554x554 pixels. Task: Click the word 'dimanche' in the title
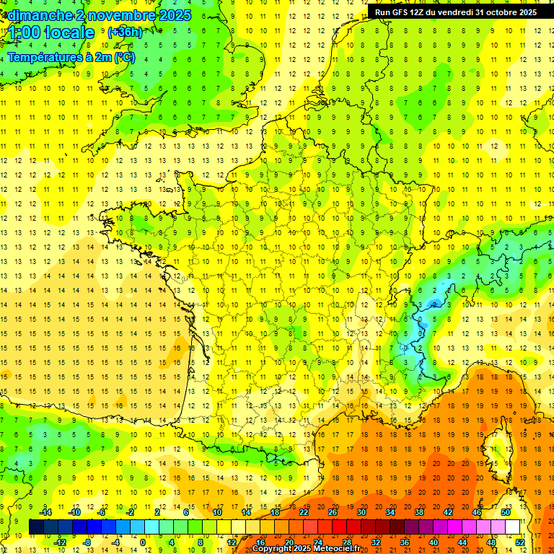click(x=39, y=14)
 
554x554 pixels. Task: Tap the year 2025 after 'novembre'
click(x=174, y=14)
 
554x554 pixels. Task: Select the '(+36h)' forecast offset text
click(x=125, y=32)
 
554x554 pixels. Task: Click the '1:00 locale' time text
click(x=52, y=33)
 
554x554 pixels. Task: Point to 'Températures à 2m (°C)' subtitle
click(x=71, y=57)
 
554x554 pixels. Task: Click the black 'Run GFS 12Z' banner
click(x=455, y=12)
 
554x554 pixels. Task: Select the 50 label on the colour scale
click(x=505, y=511)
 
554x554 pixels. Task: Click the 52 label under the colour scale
click(x=519, y=542)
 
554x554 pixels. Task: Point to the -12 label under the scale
click(x=60, y=542)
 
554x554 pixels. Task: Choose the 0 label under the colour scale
click(x=143, y=542)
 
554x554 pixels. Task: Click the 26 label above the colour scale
click(x=333, y=511)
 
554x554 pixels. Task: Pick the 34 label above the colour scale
click(x=390, y=511)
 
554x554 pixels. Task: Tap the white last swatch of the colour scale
click(x=512, y=527)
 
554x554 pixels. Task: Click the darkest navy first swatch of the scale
click(x=36, y=527)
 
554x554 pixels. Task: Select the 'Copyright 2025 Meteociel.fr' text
click(x=306, y=549)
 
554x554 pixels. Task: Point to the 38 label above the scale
click(x=419, y=511)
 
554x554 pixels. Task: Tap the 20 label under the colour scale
click(x=289, y=542)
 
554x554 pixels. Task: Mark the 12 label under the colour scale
click(x=232, y=542)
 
